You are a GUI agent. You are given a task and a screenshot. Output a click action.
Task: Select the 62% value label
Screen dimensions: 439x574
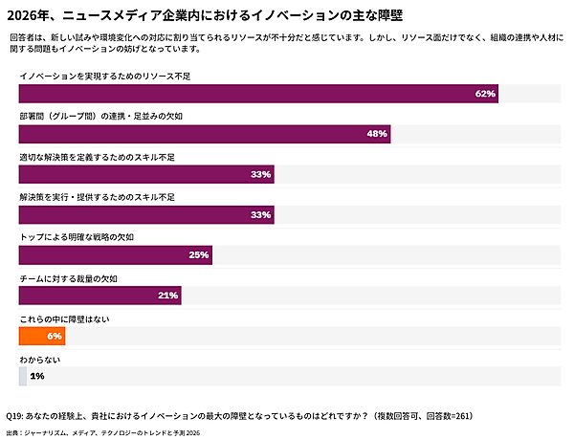485,94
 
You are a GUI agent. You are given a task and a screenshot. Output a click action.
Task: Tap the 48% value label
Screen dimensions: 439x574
377,134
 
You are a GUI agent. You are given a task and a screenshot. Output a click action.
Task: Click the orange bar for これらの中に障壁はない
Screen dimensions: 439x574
41,336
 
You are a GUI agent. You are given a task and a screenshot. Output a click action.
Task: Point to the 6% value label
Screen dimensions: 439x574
54,336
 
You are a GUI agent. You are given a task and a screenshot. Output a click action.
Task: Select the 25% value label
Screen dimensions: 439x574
199,255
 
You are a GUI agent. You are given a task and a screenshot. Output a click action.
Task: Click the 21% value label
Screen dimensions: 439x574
168,296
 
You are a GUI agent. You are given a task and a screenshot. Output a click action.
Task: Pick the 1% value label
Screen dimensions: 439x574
37,376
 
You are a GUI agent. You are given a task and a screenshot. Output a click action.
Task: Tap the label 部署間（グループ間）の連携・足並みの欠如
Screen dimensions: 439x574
100,115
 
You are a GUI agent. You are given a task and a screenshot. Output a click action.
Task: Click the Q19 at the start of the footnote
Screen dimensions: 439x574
16,416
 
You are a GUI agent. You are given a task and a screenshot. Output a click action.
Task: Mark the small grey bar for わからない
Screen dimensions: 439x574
22,376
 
